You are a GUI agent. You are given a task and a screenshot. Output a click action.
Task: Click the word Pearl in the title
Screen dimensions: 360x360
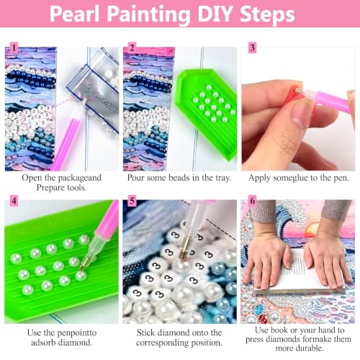point(74,14)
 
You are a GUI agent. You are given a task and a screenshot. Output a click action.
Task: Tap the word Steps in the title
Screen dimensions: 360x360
point(267,14)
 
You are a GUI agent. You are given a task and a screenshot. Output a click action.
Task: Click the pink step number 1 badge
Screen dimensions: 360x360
point(14,48)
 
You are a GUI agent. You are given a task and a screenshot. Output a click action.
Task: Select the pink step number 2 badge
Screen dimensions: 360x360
point(132,48)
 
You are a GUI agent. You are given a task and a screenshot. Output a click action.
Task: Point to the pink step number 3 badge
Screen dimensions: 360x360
point(252,48)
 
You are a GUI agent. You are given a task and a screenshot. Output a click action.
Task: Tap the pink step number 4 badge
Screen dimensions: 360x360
point(14,201)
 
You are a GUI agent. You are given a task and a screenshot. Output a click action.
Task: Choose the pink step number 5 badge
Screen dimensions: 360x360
point(132,201)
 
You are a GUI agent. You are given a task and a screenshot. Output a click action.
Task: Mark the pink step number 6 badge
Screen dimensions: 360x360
point(252,201)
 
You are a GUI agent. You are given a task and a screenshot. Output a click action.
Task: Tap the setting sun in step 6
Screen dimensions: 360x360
point(311,229)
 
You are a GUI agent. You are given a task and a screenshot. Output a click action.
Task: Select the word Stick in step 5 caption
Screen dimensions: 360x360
point(146,333)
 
